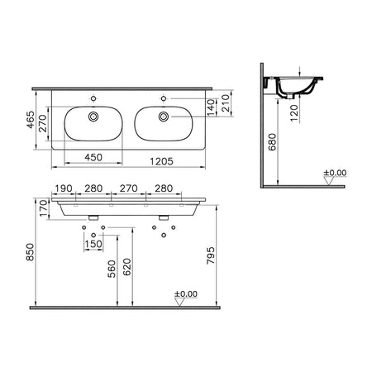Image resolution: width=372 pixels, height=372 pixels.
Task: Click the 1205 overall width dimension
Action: tap(161, 161)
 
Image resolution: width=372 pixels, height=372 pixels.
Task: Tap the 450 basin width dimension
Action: tap(93, 157)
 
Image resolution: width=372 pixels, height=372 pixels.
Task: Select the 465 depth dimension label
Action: tap(31, 120)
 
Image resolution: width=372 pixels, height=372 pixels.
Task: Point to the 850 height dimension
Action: tap(30, 252)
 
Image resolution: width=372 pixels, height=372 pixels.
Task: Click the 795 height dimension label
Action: tap(211, 255)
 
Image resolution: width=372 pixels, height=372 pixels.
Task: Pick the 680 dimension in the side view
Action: tap(272, 142)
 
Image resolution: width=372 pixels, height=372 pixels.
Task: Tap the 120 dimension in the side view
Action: tap(294, 112)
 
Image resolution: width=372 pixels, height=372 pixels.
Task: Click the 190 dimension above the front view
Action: tap(64, 188)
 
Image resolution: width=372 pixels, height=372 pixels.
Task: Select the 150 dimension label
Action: tap(93, 244)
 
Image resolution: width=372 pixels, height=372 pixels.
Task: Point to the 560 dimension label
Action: tap(112, 269)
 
